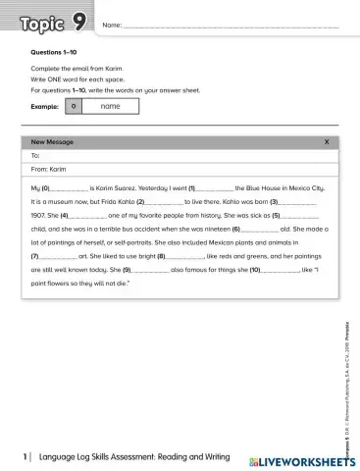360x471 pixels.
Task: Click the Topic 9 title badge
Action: [54, 22]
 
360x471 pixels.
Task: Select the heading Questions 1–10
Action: [54, 51]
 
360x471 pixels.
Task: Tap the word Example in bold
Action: [46, 106]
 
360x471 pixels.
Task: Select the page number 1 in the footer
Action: [25, 458]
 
